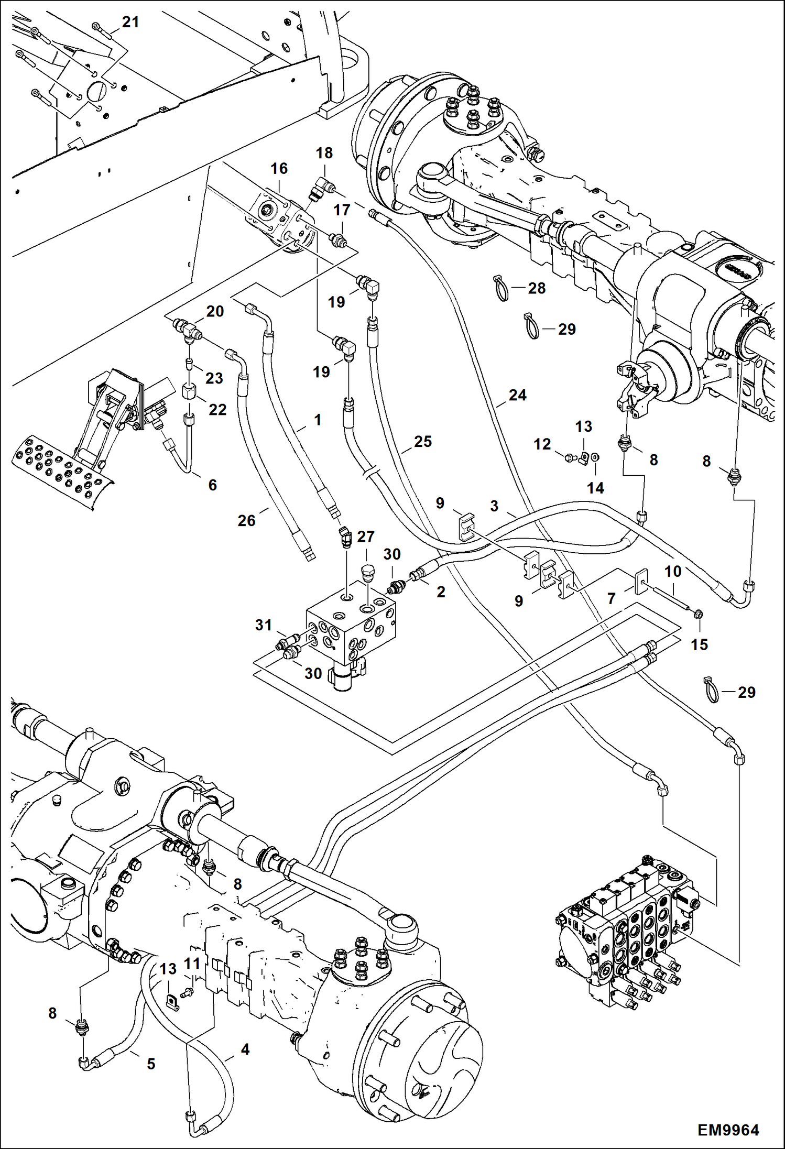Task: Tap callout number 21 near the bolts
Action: point(130,22)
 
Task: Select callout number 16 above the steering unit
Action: point(279,168)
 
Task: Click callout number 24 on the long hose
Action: point(517,395)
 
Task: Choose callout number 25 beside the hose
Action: point(423,442)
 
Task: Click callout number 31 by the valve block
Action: point(264,625)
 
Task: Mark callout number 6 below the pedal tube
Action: point(212,485)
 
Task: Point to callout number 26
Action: point(246,520)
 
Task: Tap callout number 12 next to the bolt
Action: point(542,444)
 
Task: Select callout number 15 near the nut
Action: point(699,644)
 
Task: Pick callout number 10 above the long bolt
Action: point(673,571)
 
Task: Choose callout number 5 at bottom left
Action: point(151,1064)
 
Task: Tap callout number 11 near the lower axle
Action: point(192,963)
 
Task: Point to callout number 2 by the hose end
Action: point(441,592)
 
